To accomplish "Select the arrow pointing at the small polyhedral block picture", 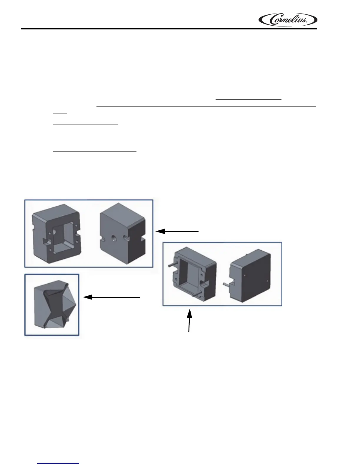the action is [x=112, y=297].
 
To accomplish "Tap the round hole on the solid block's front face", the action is [x=113, y=236].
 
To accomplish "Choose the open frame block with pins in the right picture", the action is [x=194, y=274].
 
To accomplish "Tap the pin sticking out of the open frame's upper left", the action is [x=171, y=264].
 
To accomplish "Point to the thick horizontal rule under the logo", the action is [x=169, y=29].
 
